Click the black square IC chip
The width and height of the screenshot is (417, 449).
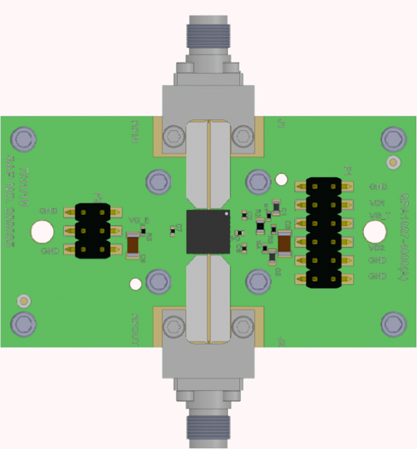[x=208, y=231]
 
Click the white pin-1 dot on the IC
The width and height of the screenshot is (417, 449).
[x=227, y=213]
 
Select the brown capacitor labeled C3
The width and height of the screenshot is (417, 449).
[x=285, y=243]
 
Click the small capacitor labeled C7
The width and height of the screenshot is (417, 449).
[x=173, y=231]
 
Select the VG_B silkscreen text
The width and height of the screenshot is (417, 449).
[x=139, y=220]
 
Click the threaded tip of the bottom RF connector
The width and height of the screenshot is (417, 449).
[x=208, y=428]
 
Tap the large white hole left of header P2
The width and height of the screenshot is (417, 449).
[x=42, y=231]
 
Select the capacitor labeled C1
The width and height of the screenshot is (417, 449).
[x=276, y=207]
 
